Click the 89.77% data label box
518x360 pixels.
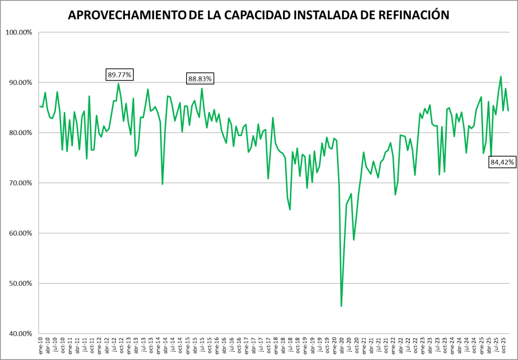tap(119, 75)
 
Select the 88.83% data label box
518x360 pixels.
tap(200, 78)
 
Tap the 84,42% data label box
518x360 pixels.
tap(502, 162)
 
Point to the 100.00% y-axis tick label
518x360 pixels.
tap(19, 32)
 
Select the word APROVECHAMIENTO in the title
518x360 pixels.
tap(126, 16)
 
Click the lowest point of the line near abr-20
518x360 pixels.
tap(341, 306)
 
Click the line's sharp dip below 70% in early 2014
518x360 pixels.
tap(162, 184)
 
